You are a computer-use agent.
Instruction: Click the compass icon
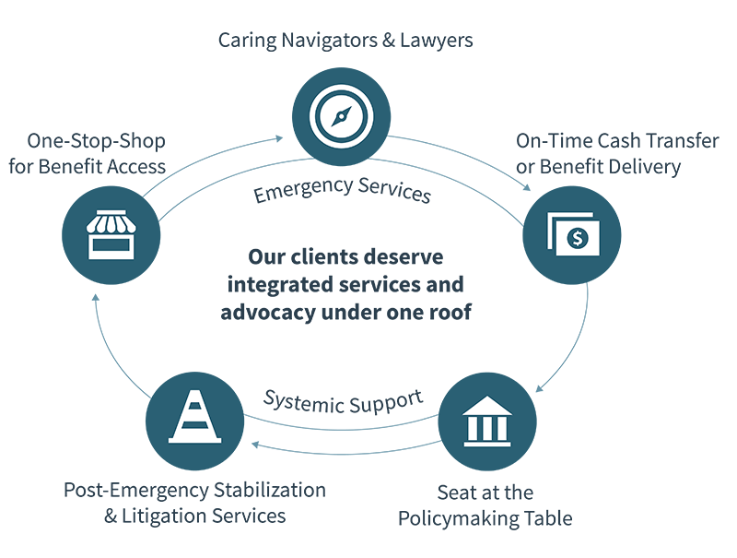[x=342, y=116]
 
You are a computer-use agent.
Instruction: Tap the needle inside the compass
[x=342, y=116]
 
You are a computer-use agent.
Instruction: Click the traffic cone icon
[x=195, y=417]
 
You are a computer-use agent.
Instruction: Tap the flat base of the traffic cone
[x=195, y=440]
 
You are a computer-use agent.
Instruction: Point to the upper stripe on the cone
[x=195, y=404]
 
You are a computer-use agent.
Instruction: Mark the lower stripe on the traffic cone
[x=195, y=422]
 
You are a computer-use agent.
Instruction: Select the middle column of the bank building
[x=487, y=428]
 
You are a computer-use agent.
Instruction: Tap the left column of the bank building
[x=474, y=428]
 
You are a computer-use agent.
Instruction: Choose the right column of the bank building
[x=500, y=428]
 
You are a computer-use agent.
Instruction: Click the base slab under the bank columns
[x=487, y=443]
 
